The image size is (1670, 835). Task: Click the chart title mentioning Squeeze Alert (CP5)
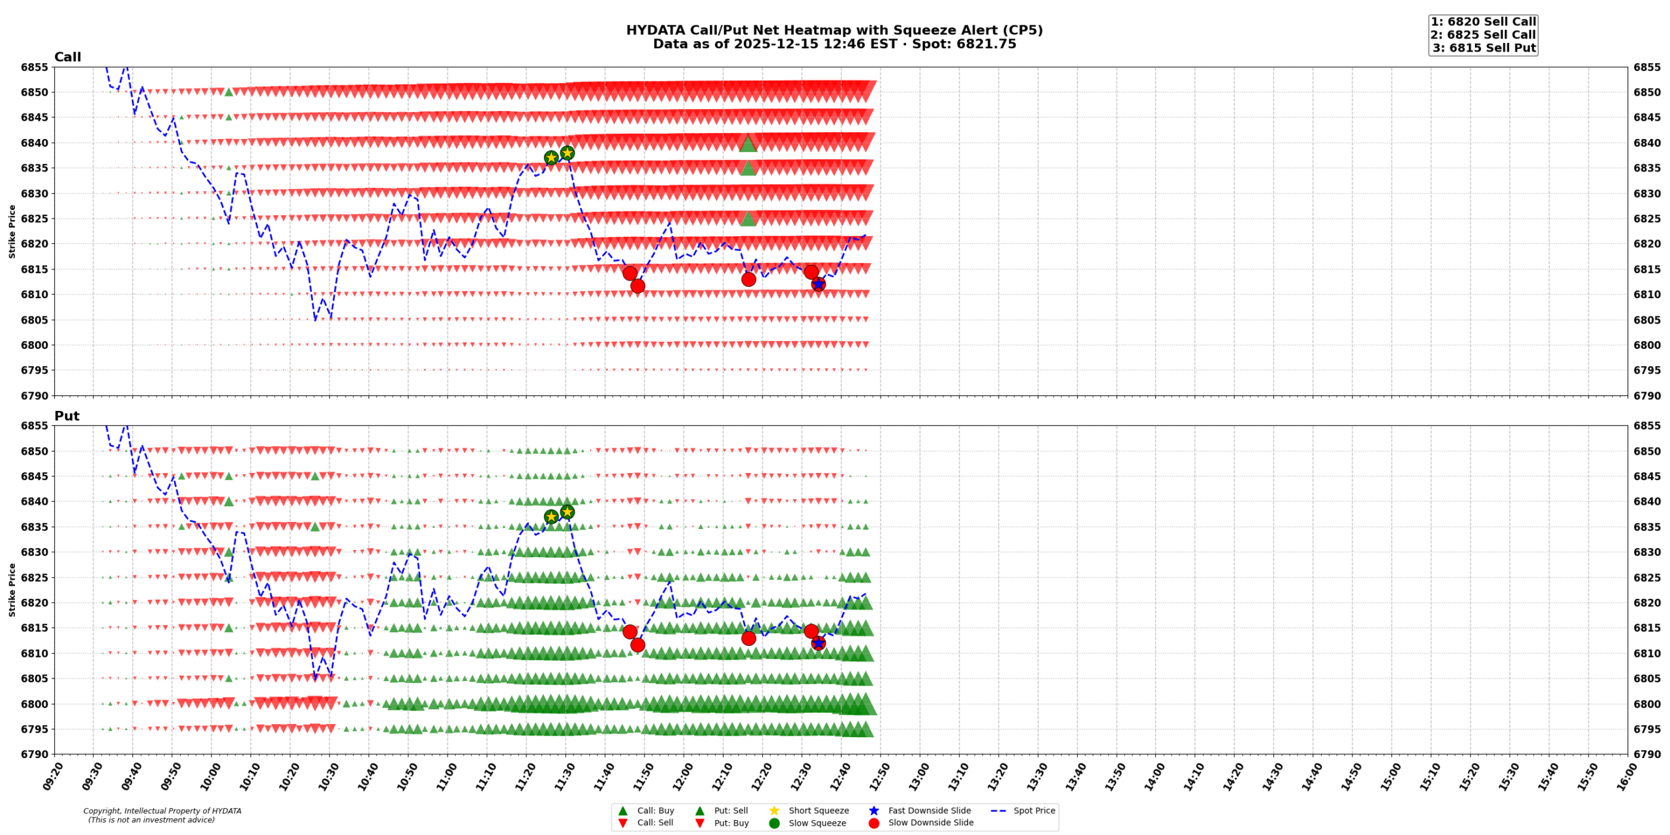pos(834,30)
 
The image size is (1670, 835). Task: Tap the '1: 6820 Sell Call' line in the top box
pos(1483,22)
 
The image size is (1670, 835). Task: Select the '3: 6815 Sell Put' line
pos(1483,48)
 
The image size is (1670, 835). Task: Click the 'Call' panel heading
pos(67,57)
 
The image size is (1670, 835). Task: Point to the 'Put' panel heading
pos(67,416)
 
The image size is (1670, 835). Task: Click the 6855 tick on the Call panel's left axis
pos(34,67)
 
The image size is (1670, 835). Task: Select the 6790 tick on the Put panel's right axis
pos(1647,754)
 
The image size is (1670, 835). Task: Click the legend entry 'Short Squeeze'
pos(818,811)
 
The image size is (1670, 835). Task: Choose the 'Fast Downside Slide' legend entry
pos(929,811)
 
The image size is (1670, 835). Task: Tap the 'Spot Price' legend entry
pos(1033,811)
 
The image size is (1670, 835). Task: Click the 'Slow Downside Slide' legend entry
pos(930,823)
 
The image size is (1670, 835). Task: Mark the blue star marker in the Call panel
pos(818,284)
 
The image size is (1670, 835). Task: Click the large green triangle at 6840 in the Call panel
pos(748,144)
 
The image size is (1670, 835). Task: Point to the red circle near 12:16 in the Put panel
pos(748,638)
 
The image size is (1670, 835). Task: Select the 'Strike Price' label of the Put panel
pos(12,590)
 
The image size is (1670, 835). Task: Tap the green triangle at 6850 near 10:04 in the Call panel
pos(229,92)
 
